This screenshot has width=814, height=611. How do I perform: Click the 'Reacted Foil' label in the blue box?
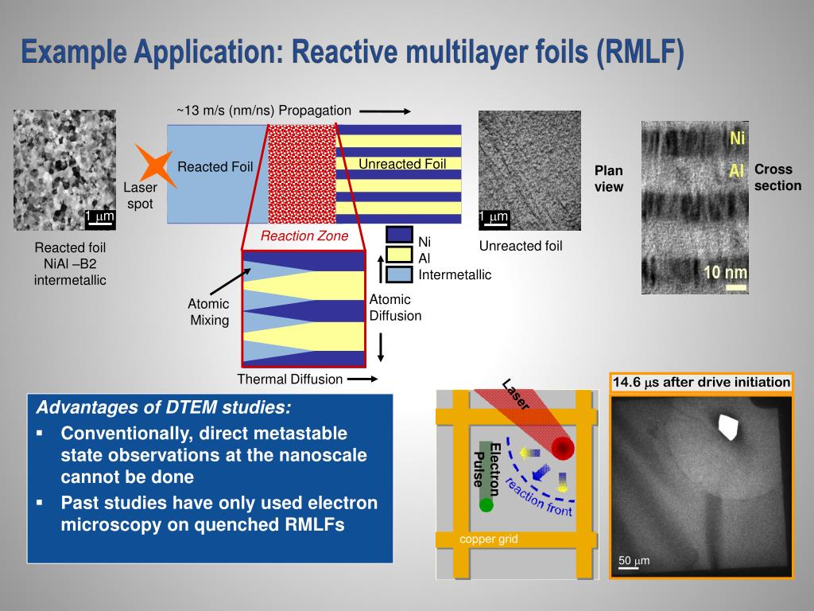click(215, 167)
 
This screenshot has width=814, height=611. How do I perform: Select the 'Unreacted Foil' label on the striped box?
click(402, 165)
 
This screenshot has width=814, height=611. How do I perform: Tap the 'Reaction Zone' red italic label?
click(304, 236)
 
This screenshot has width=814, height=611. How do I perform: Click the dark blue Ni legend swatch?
click(399, 235)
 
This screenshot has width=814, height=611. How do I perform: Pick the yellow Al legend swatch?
click(399, 255)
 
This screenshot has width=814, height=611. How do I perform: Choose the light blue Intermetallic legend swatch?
click(399, 274)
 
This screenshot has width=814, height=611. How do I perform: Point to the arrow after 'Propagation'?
click(390, 111)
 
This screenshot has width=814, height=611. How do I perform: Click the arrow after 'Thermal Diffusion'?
click(362, 379)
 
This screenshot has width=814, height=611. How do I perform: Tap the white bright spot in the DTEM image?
click(727, 427)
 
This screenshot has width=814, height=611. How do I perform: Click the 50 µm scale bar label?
click(634, 561)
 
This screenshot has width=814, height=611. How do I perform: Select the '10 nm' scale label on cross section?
click(725, 273)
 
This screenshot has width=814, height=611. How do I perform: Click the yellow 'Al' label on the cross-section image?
click(738, 171)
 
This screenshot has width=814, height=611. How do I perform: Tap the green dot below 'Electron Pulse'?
click(486, 504)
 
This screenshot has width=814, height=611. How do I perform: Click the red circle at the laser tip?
click(563, 449)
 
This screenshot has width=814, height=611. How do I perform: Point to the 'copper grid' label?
click(488, 539)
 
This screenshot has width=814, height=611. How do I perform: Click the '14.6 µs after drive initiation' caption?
click(701, 383)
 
